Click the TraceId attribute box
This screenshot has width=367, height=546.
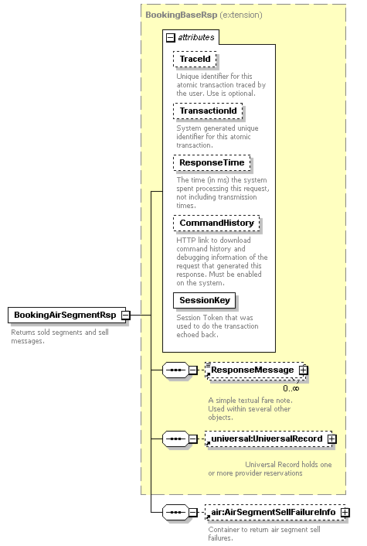(195, 60)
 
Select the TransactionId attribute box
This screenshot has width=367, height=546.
(208, 111)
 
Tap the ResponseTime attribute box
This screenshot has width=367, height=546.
(212, 162)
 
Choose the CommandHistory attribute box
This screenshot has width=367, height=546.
(216, 223)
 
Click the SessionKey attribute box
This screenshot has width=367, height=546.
(205, 301)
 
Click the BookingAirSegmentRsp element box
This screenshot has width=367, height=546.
(66, 315)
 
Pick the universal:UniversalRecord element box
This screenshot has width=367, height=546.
(269, 439)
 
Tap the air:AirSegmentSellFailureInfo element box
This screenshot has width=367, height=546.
(275, 512)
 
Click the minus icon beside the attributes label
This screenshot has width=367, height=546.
(171, 38)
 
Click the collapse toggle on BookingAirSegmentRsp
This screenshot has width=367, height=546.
(126, 316)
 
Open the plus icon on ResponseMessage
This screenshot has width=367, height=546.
(304, 370)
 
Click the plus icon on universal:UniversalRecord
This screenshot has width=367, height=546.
(332, 439)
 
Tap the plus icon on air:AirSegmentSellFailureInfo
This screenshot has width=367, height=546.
(345, 513)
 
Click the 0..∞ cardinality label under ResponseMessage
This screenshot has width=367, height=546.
(291, 388)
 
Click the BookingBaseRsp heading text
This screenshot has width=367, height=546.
(182, 15)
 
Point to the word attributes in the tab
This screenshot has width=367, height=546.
(196, 37)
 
